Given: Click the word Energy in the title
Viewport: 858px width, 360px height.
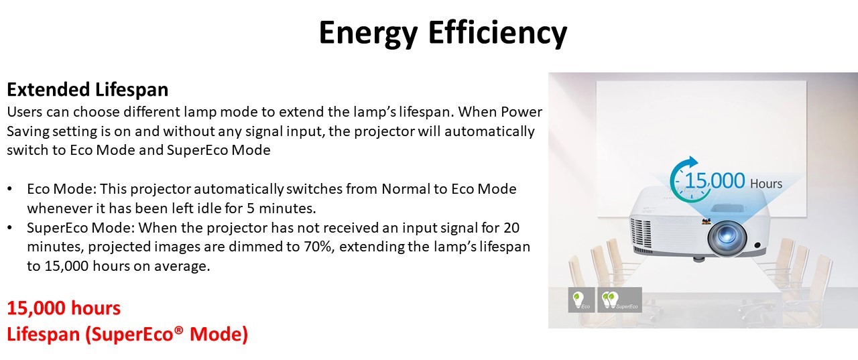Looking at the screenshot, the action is point(368,34).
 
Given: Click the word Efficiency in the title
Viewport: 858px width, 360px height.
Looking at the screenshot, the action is point(497,32).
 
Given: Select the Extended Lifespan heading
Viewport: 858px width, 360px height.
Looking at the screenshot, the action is point(87,90).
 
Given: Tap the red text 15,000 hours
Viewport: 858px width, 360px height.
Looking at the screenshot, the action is point(64,308).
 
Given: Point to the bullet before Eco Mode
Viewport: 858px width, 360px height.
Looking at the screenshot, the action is point(9,189).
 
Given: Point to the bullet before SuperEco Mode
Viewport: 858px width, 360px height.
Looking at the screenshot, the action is point(9,227).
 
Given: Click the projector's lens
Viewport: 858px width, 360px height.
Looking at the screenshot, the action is point(726,237).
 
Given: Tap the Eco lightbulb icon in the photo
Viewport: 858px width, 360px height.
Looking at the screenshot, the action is point(581,300).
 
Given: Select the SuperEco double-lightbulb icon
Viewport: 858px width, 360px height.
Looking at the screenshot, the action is point(620,300).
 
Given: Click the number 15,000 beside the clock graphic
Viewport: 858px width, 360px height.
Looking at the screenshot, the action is point(715,180).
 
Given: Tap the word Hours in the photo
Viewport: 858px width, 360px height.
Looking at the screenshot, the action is point(765,184).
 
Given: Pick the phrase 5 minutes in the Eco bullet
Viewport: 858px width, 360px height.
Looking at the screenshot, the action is point(281,208).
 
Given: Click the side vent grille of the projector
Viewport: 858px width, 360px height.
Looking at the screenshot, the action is point(640,233).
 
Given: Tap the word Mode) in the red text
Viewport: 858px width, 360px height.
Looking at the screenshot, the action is point(219,334).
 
